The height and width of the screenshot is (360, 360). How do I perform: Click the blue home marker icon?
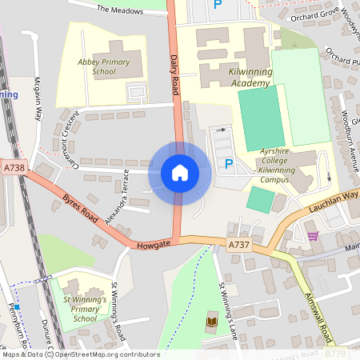pos(180,172)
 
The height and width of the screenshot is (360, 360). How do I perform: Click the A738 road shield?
pos(14,168)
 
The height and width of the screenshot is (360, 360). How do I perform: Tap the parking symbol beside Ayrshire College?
pos(229,165)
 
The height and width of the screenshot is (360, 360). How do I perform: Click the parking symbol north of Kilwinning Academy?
pos(218,5)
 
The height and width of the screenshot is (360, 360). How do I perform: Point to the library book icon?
pos(212,322)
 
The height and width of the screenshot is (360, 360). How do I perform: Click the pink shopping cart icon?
pos(313,235)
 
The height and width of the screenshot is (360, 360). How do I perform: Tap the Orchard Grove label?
pos(311,15)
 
